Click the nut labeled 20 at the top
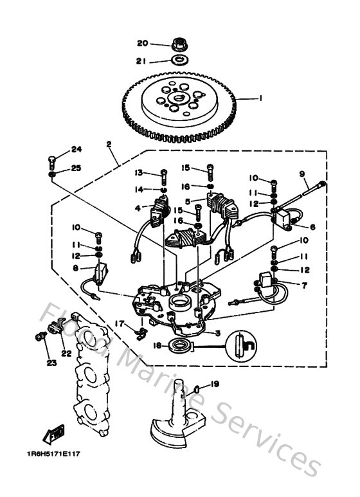coord(179,44)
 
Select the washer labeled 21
coord(179,61)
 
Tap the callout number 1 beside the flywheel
coord(260,98)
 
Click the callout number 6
coord(312,227)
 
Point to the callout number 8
coord(75,268)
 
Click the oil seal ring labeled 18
coord(181,347)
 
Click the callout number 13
coord(138,173)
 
